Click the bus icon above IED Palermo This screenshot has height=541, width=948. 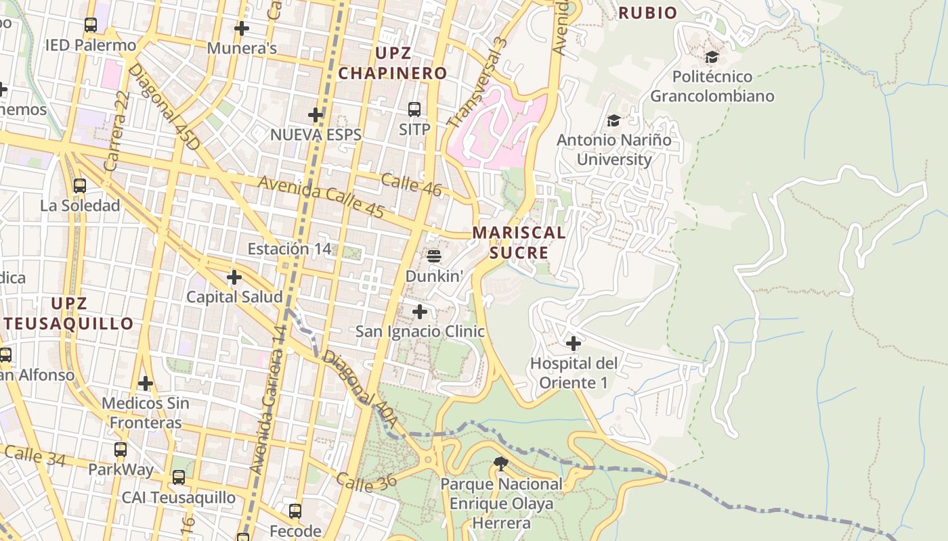90,25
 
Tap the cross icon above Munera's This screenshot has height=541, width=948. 241,28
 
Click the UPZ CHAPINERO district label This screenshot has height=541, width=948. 393,63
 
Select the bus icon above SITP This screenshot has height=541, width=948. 414,109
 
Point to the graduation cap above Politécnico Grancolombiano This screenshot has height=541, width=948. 712,57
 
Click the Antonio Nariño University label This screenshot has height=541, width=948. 613,150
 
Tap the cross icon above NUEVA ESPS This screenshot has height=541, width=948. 316,114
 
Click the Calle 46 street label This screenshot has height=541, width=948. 411,185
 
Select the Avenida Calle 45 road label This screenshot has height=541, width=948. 321,197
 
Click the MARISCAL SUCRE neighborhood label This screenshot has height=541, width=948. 519,242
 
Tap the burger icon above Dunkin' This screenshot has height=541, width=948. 434,256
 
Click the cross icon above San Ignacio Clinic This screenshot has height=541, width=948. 420,312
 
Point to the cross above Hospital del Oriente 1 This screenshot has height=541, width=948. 574,344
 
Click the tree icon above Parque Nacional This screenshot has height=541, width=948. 501,464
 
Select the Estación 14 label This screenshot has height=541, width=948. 289,249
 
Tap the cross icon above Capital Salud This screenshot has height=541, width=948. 234,277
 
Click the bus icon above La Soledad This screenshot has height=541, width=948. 80,185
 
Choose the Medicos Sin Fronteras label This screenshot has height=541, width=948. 146,413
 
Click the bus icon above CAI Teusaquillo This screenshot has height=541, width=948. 178,477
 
